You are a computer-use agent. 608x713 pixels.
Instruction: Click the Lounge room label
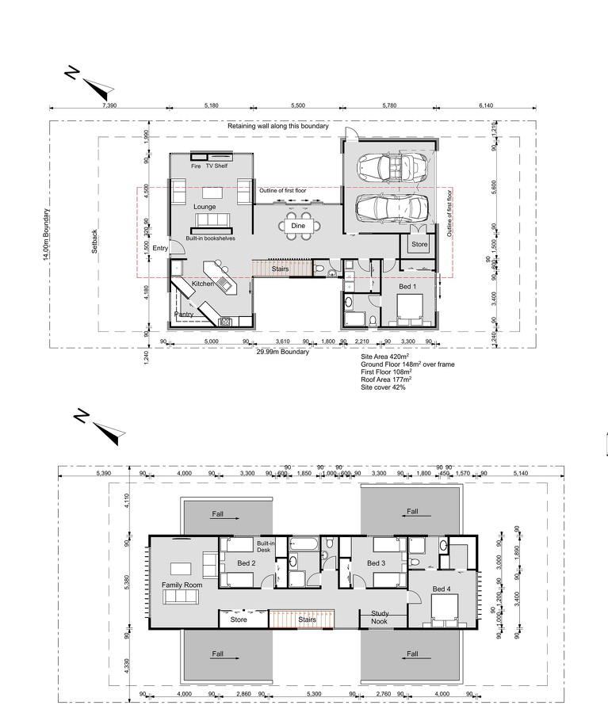click(x=205, y=207)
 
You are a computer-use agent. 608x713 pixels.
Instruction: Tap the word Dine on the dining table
click(x=298, y=226)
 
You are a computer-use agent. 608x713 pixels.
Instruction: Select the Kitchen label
click(x=203, y=283)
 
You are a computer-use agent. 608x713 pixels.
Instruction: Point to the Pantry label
click(x=184, y=314)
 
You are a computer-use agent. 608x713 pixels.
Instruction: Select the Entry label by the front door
click(x=161, y=248)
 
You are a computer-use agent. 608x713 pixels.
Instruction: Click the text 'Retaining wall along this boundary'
click(x=277, y=126)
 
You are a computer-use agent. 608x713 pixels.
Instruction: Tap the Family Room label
click(x=182, y=585)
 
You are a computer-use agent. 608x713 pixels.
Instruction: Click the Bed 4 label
click(x=443, y=589)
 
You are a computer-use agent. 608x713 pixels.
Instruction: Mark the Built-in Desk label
click(x=266, y=547)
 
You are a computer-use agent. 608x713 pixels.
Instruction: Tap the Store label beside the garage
click(x=419, y=245)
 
